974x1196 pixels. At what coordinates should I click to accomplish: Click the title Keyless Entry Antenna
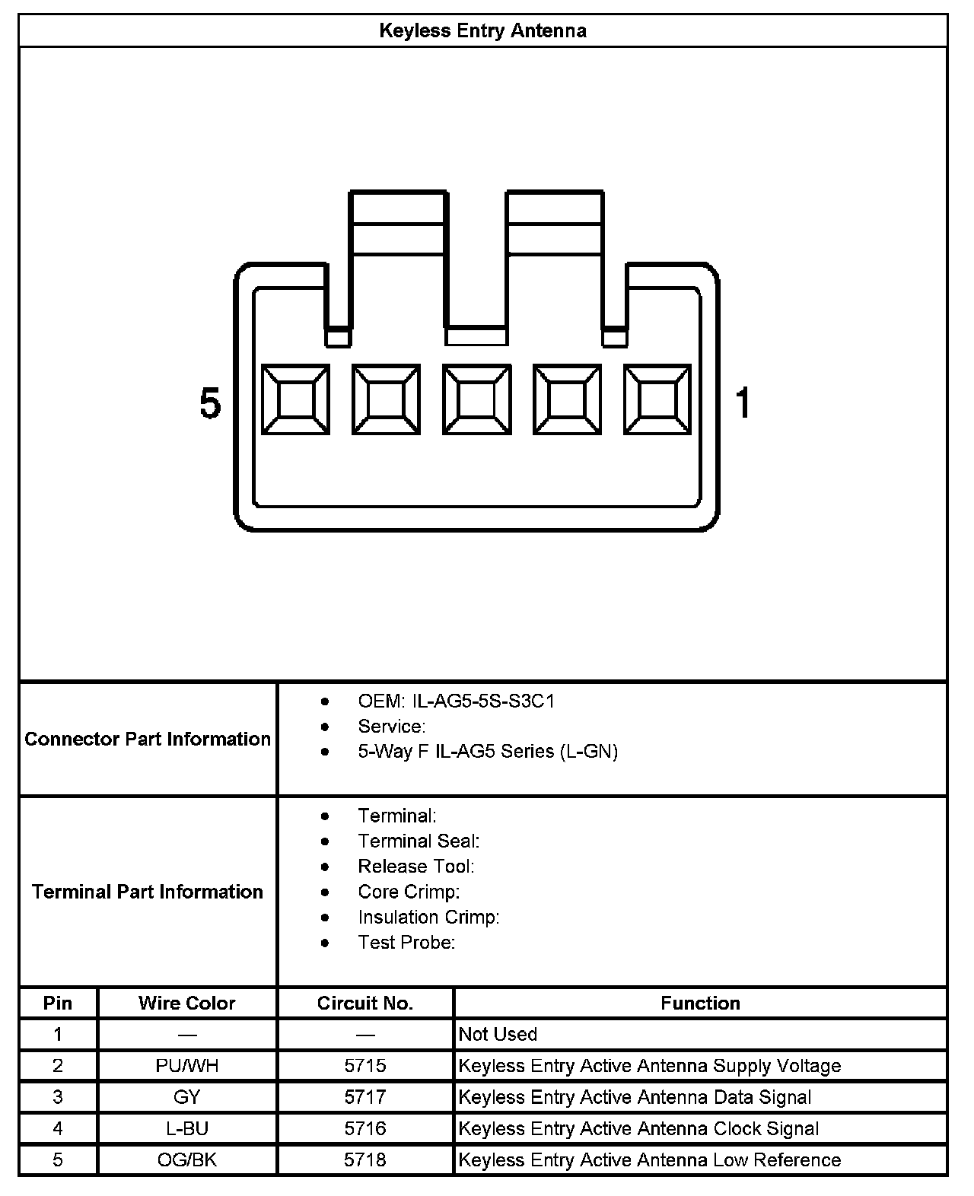(482, 31)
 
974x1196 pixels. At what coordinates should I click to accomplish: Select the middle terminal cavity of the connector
(476, 399)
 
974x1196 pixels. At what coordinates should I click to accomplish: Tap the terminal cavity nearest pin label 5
(295, 399)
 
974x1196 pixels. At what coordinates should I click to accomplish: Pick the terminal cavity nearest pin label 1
(657, 399)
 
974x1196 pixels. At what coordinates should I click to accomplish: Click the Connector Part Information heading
(148, 739)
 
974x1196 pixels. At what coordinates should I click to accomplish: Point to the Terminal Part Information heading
(148, 892)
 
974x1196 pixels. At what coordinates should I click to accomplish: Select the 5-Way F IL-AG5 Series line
(487, 752)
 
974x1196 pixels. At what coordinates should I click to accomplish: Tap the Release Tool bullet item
(415, 867)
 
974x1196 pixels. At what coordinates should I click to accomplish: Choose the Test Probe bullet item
(406, 943)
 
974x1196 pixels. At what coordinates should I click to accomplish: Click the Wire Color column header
(187, 1003)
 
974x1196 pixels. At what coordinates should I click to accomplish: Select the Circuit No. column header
(365, 1003)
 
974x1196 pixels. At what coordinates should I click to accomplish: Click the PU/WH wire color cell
(187, 1066)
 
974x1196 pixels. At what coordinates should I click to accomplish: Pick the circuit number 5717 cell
(365, 1097)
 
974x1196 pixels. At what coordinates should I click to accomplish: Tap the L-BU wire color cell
(187, 1128)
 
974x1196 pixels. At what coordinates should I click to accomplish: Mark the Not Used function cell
(498, 1034)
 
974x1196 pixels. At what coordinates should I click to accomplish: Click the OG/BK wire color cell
(187, 1160)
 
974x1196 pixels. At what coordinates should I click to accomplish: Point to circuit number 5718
(365, 1160)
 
